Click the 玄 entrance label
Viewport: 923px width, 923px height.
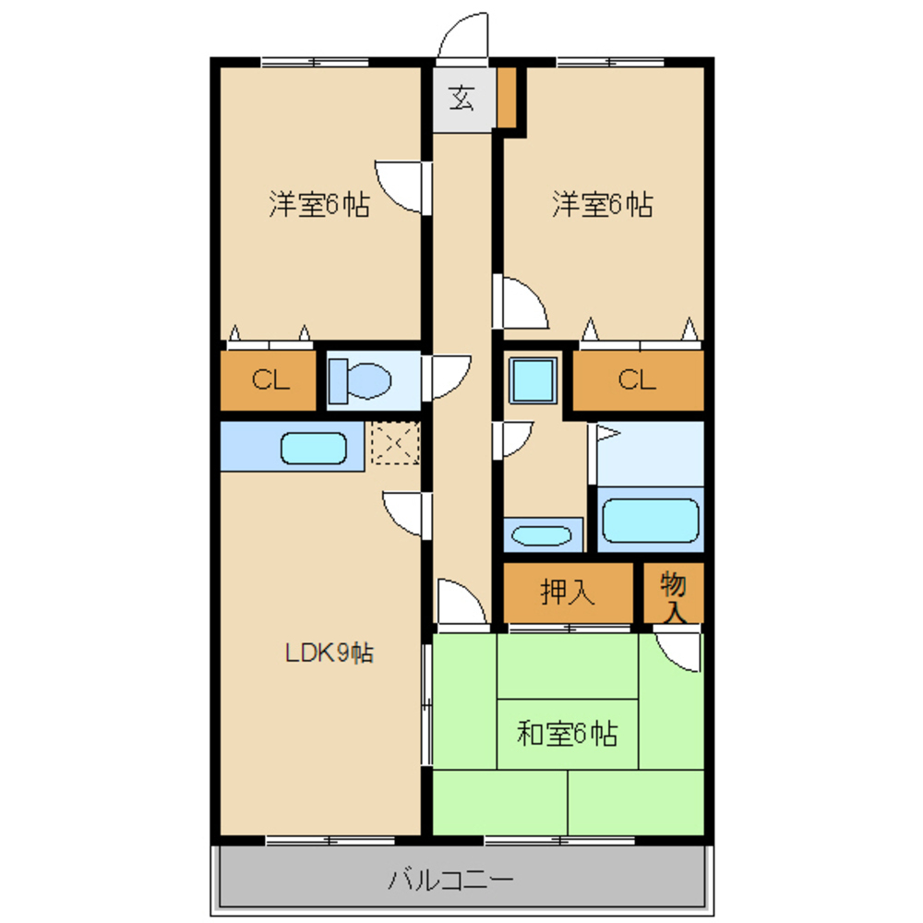tap(461, 98)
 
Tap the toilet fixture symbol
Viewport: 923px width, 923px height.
tap(360, 381)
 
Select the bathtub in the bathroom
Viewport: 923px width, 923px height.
tap(650, 520)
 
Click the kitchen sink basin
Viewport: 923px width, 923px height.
tap(313, 449)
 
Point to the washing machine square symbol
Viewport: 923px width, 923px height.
tap(533, 380)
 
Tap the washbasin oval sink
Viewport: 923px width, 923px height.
tap(542, 535)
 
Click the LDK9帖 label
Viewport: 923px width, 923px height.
tap(330, 653)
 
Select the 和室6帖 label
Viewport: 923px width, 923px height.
tap(567, 734)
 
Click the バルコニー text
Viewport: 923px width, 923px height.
tap(450, 880)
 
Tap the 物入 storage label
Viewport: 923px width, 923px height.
tap(674, 596)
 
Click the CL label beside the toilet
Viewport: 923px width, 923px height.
tap(270, 379)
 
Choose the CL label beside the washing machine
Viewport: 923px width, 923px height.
tap(637, 379)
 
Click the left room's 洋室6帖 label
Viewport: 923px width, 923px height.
tap(319, 204)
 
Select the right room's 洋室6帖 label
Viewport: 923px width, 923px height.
tap(602, 204)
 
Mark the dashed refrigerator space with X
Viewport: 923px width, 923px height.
tap(395, 442)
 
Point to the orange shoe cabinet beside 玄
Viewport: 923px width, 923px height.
tap(506, 97)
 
